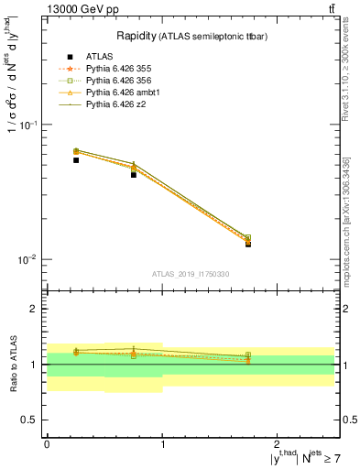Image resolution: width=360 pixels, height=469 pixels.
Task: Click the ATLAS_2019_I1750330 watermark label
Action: point(190,274)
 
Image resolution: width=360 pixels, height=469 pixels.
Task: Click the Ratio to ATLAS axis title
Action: point(12,364)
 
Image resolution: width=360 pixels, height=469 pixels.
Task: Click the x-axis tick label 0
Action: point(47,444)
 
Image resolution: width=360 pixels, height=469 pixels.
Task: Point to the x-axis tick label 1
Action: point(162,444)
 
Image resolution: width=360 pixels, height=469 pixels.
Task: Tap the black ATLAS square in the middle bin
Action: point(134,174)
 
